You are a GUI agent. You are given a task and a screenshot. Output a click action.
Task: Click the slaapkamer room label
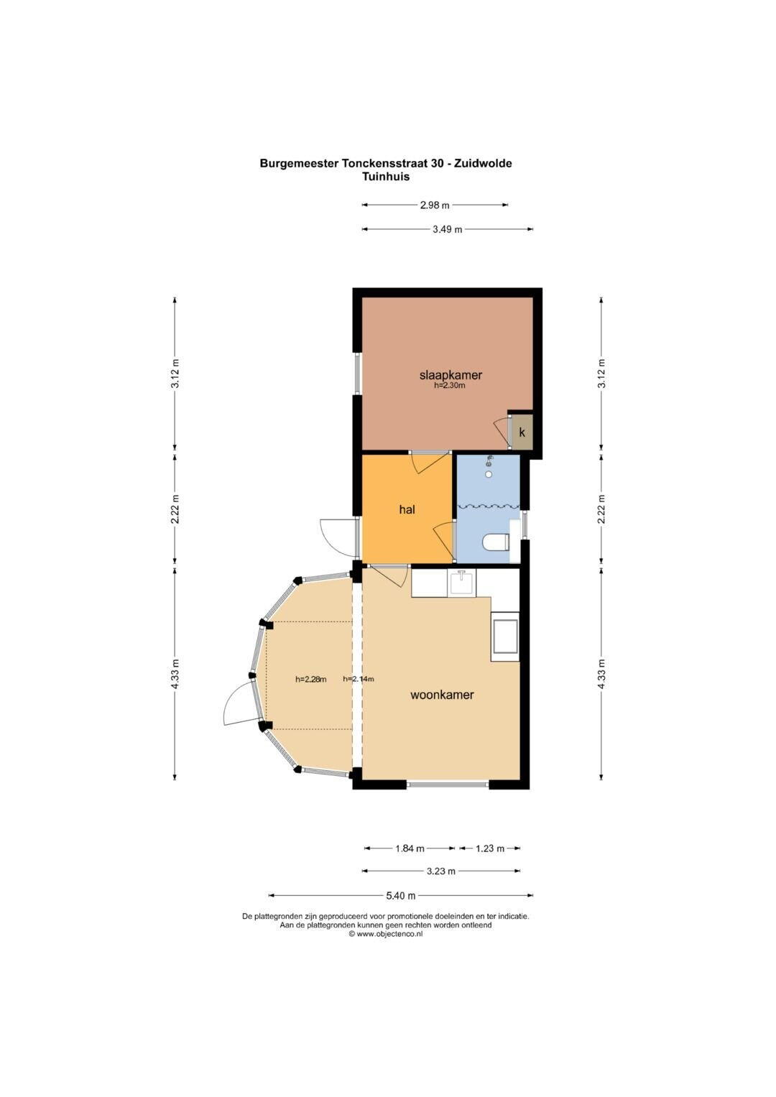[451, 375]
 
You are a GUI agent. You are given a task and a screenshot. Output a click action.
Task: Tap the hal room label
[407, 510]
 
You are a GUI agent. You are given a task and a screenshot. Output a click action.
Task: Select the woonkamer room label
[442, 695]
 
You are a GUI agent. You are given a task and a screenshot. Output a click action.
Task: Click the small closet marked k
[522, 432]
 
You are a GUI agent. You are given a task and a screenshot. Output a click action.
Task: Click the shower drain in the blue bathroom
[489, 474]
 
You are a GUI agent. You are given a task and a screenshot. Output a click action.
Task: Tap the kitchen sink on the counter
[461, 583]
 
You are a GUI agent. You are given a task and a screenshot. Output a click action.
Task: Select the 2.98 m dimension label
[435, 205]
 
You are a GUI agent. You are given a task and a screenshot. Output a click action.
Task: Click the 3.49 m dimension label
[447, 229]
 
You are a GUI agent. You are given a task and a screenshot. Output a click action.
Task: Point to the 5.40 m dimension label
[401, 896]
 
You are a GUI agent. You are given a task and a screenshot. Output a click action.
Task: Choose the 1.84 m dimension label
[410, 848]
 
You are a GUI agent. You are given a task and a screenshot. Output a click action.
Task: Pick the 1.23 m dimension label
[490, 848]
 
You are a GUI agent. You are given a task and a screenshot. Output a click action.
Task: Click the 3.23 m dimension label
[441, 871]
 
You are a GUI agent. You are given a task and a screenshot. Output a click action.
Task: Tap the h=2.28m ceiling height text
[310, 680]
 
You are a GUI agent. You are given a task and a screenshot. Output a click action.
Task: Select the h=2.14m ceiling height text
[358, 679]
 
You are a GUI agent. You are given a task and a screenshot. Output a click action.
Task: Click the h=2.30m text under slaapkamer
[449, 385]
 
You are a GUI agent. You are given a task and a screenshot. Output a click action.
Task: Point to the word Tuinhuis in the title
[386, 177]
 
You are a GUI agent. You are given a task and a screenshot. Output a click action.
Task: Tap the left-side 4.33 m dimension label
[175, 674]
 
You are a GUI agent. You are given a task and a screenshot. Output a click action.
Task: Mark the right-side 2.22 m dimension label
[601, 509]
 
